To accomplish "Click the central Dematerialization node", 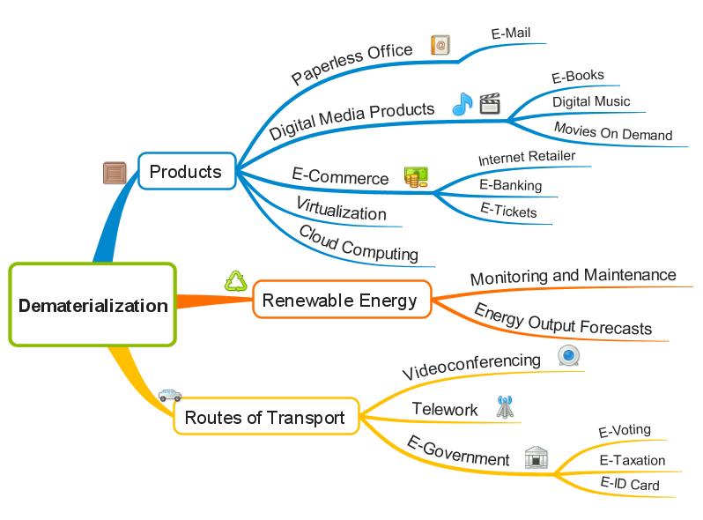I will [x=92, y=305].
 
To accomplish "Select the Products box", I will [x=186, y=171].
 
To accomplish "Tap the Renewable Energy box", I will [x=340, y=301].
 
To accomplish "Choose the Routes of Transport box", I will [x=265, y=417].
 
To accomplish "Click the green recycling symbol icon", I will [x=236, y=280].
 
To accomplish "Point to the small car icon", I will [x=170, y=395].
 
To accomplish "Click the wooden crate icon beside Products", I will [x=115, y=173].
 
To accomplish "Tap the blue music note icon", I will [x=462, y=105].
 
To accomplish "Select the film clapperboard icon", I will [x=490, y=105].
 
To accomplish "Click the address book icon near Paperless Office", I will [x=440, y=45].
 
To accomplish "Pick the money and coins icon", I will [x=416, y=177].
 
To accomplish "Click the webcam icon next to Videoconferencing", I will [x=569, y=355].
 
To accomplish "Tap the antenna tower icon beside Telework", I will [x=504, y=407].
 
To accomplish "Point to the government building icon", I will [x=536, y=457].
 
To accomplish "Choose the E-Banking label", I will [x=510, y=185].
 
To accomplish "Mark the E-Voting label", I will [x=625, y=431].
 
